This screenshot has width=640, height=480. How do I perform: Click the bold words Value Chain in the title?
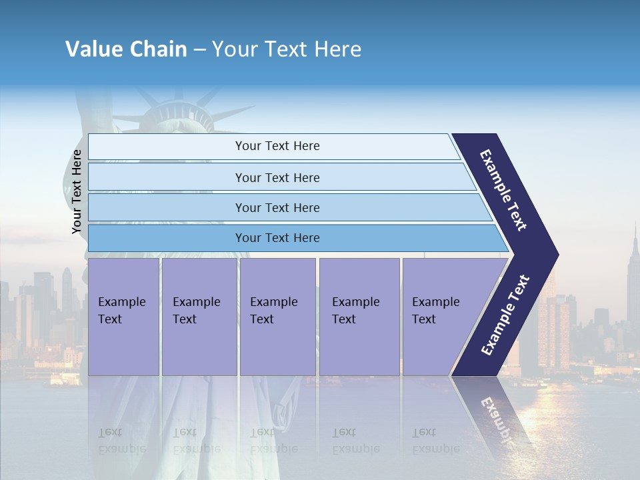pos(126,49)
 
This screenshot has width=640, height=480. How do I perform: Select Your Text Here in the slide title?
pos(287,49)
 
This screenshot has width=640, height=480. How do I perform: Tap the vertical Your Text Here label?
pos(77,191)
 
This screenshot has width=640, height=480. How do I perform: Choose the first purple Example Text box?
pos(123,317)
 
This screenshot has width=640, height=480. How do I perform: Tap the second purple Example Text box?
pos(199,317)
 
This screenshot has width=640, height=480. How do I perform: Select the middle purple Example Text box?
pos(277,317)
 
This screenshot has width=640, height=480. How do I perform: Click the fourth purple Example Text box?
pos(359,317)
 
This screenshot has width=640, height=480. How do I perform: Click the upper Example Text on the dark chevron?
pos(503,190)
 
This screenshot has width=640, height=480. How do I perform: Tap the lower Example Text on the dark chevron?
pos(505,315)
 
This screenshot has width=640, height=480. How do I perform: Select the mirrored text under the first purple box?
pos(121,441)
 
